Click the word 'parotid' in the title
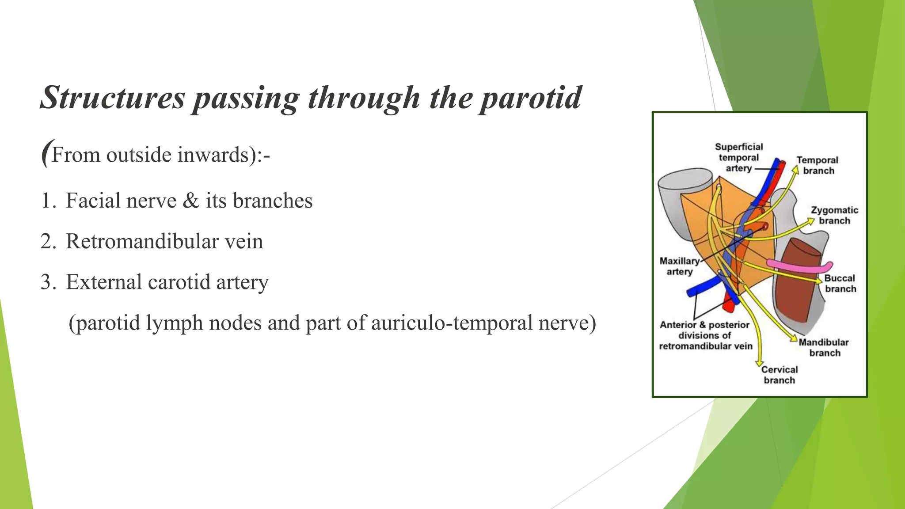[531, 98]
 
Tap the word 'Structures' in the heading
[112, 98]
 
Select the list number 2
[46, 242]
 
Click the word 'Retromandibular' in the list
[141, 242]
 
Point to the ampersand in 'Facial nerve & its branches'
[191, 201]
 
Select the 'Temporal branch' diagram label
[818, 165]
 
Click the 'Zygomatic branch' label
[834, 215]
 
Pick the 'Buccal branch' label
[840, 283]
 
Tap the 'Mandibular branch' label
[824, 347]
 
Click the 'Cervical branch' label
[780, 375]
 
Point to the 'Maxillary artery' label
[680, 266]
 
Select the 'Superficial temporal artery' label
[739, 157]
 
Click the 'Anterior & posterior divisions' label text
[705, 335]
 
